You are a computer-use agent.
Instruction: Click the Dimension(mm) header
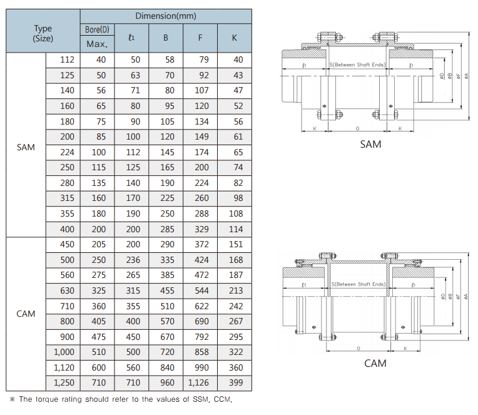(166, 16)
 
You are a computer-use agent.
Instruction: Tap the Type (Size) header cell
(43, 33)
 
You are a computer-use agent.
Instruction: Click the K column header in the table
(235, 38)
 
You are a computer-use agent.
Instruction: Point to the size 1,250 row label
(64, 382)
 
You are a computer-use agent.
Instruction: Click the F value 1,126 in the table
(200, 382)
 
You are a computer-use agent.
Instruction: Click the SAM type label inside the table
(26, 148)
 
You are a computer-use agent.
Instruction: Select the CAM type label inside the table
(26, 314)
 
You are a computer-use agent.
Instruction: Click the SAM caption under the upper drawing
(370, 145)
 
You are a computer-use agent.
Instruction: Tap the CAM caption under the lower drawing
(375, 363)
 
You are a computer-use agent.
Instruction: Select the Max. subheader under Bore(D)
(97, 44)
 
